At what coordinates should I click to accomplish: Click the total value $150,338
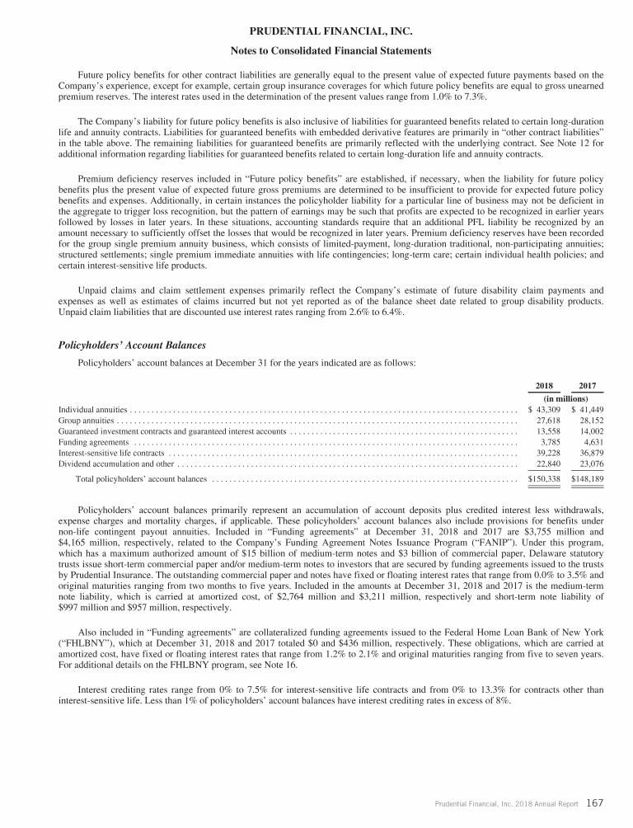click(544, 478)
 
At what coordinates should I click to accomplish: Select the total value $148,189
click(588, 478)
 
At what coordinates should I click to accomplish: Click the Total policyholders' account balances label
click(141, 478)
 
